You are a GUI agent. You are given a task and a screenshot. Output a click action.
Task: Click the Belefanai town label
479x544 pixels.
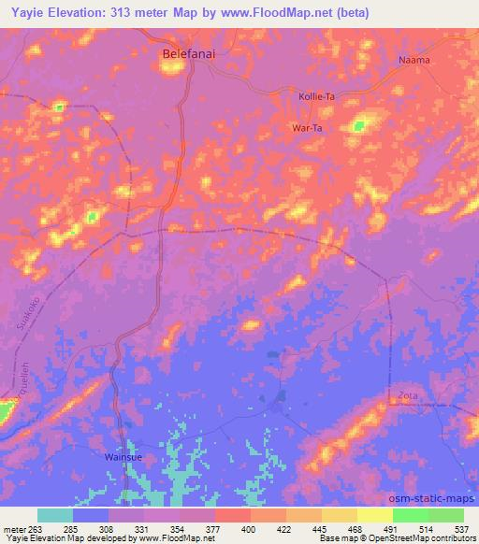tap(190, 55)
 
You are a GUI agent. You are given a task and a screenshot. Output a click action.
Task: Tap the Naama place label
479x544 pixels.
tap(414, 60)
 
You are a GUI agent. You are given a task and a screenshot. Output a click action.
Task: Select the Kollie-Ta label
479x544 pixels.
tap(316, 97)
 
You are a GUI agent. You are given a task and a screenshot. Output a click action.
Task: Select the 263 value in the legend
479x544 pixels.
tap(38, 530)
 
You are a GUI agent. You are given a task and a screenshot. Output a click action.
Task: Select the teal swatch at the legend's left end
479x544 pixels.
tap(55, 515)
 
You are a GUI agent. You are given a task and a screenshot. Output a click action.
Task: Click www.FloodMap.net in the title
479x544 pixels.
tap(285, 13)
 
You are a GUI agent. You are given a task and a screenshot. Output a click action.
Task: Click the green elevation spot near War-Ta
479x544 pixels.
tap(360, 124)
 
